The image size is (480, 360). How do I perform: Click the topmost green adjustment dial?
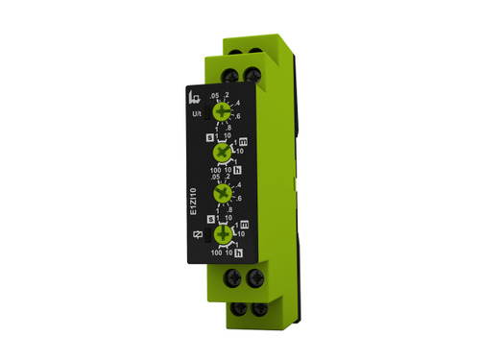coord(224,112)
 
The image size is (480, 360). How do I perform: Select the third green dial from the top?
coord(224,194)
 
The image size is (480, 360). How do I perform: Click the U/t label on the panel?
coord(198,115)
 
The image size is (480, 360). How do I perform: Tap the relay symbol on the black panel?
coord(199,235)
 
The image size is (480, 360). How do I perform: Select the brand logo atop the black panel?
coord(198,97)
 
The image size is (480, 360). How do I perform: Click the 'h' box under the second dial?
coord(237,171)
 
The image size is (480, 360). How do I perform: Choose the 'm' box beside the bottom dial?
coord(242,224)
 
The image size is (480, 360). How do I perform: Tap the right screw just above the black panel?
coord(255,71)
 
